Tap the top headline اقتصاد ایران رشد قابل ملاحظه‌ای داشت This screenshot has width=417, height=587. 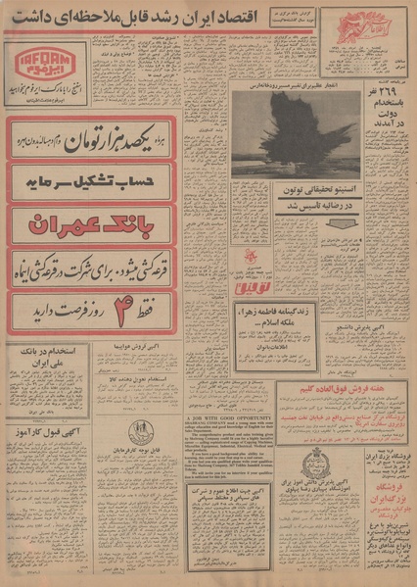[x=208, y=16]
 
